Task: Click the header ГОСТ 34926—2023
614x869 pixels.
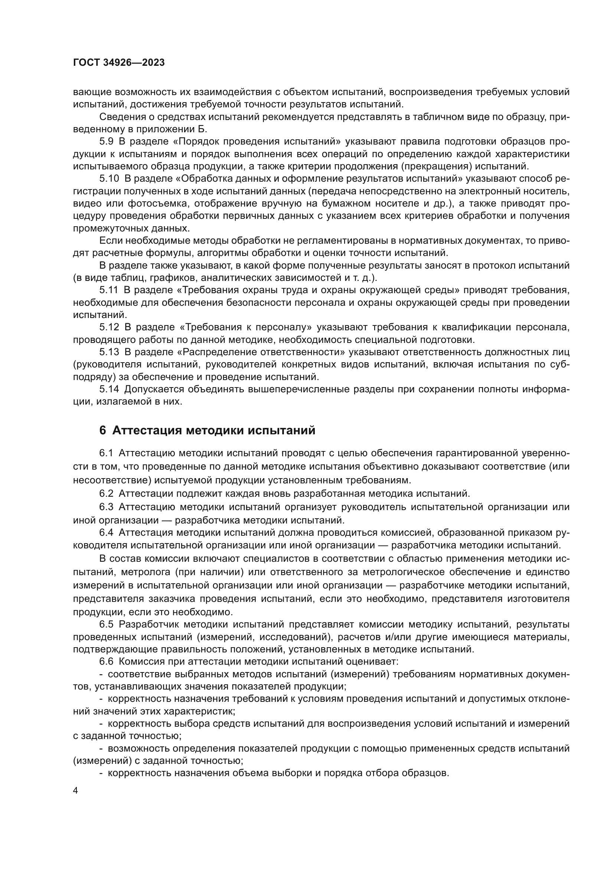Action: (119, 63)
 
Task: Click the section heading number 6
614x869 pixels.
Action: (102, 430)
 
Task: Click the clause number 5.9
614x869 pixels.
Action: (106, 142)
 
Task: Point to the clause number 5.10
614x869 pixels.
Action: (109, 179)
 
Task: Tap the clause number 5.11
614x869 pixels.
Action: (109, 290)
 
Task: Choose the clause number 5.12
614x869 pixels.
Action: (109, 327)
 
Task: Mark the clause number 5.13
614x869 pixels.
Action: (109, 352)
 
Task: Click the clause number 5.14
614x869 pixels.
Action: (109, 389)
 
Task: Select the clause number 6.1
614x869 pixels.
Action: (106, 453)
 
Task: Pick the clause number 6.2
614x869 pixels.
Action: (106, 493)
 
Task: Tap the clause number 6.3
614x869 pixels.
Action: (106, 507)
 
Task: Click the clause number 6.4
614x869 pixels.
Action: (106, 532)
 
